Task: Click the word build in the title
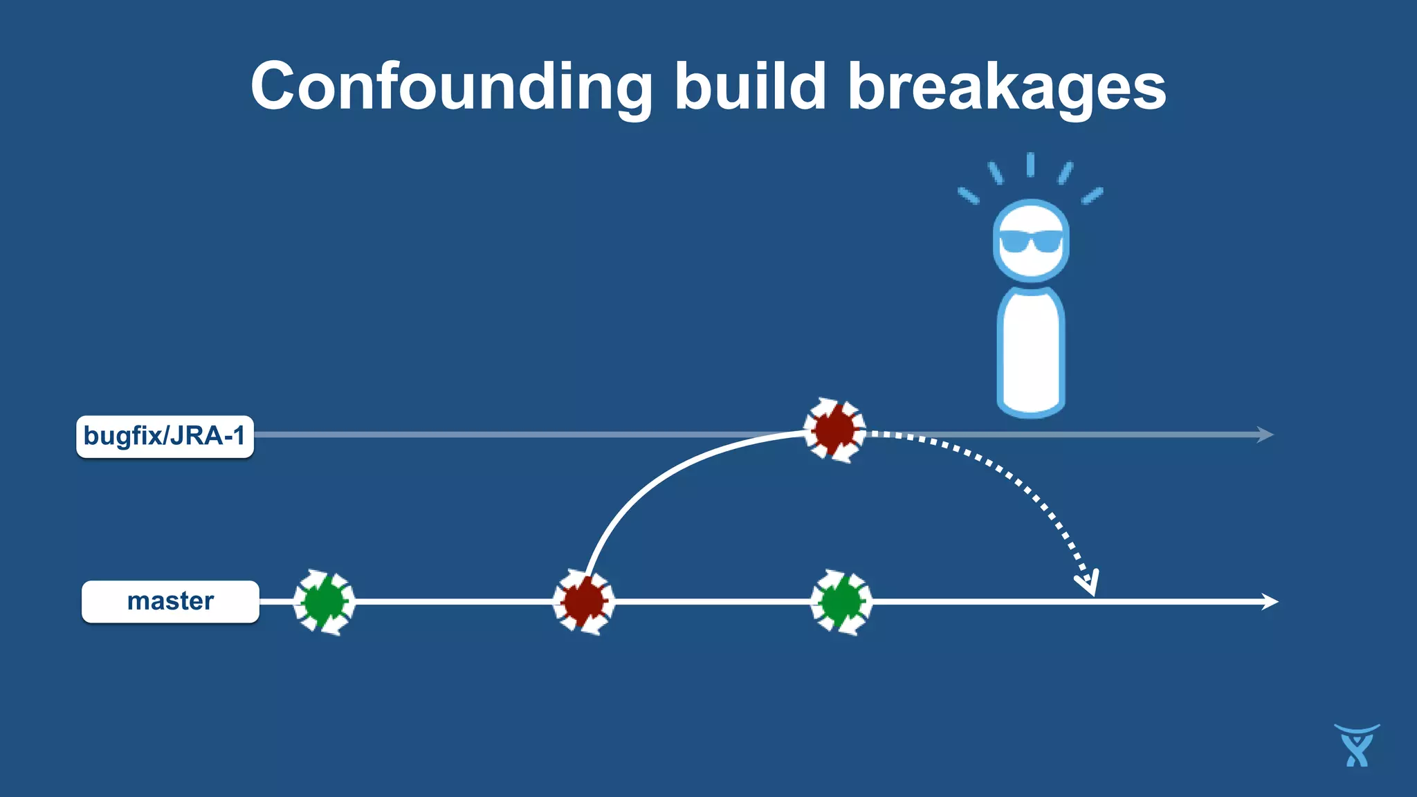coord(750,86)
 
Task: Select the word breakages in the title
coord(1007,86)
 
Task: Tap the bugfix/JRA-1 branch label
coord(165,437)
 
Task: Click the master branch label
coord(170,601)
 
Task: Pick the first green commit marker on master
coord(324,602)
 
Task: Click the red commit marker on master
coord(583,602)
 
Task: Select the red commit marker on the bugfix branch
coord(834,430)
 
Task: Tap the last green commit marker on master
coord(841,602)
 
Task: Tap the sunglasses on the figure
coord(1031,241)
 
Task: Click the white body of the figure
coord(1031,349)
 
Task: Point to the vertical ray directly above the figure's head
coord(1030,165)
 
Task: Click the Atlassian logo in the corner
coord(1356,745)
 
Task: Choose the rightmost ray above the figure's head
coord(1092,196)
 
